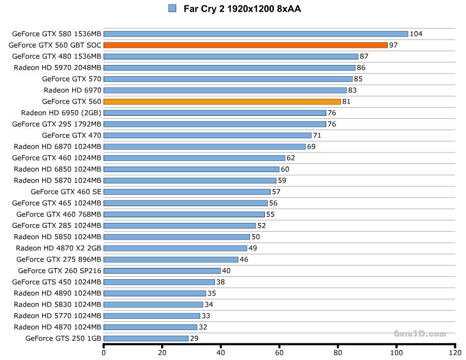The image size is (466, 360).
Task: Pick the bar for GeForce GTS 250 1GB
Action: (x=146, y=338)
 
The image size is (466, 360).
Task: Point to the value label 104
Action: (x=416, y=34)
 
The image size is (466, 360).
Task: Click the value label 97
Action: (x=393, y=45)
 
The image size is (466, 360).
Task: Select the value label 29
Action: (x=194, y=338)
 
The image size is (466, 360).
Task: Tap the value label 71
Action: (x=317, y=136)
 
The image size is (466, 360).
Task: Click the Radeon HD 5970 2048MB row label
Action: (x=57, y=68)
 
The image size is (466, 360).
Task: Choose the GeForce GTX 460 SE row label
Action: (x=66, y=192)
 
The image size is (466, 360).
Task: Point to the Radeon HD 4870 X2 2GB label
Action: (x=58, y=248)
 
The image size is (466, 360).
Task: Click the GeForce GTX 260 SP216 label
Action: (x=59, y=271)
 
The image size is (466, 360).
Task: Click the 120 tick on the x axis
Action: (x=455, y=353)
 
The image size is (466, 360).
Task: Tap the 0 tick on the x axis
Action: (x=104, y=353)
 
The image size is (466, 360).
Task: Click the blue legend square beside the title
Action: (x=172, y=8)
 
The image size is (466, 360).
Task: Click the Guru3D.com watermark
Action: (x=420, y=334)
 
